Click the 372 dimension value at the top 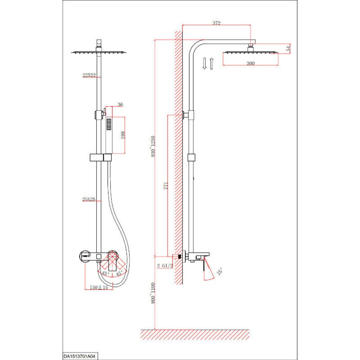[216, 23]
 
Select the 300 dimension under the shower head [250, 63]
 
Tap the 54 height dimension [289, 49]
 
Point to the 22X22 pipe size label [89, 75]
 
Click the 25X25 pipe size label [89, 199]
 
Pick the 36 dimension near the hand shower [120, 105]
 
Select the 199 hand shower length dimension [123, 135]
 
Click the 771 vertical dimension [166, 186]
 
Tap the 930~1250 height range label [153, 146]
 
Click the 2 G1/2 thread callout [165, 266]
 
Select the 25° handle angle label [219, 271]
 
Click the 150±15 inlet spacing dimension [99, 288]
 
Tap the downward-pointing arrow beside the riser [205, 63]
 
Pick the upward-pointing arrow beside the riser [211, 63]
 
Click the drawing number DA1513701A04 [79, 356]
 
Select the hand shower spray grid [109, 124]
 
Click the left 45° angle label [105, 274]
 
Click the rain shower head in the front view [99, 53]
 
